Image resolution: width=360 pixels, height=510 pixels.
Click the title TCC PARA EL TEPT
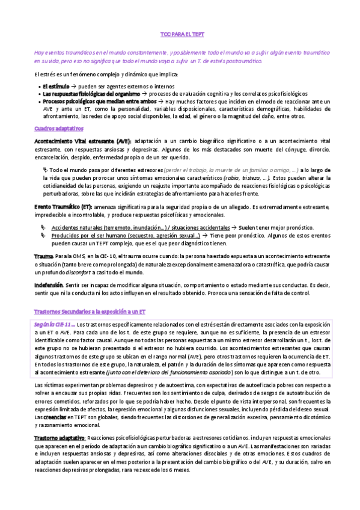pyautogui.click(x=180, y=35)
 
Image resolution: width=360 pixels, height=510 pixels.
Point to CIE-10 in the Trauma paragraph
pyautogui.click(x=97, y=257)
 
